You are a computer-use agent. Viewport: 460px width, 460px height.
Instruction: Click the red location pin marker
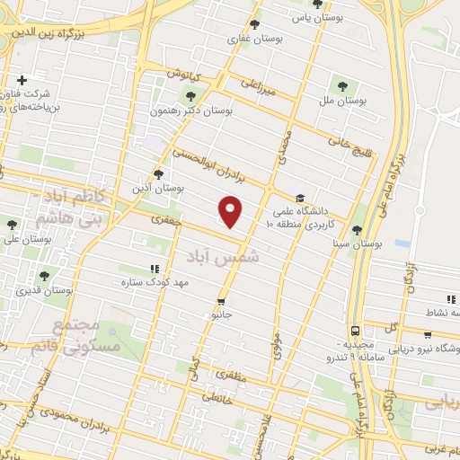[x=231, y=211]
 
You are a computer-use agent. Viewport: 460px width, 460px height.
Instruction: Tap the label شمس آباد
[x=222, y=257]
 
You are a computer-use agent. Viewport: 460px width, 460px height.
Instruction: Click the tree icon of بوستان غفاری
[x=255, y=25]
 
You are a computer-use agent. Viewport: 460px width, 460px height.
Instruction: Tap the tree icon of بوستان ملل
[x=341, y=86]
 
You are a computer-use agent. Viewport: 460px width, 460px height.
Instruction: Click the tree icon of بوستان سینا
[x=357, y=230]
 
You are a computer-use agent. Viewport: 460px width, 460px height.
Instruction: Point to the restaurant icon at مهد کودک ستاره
[x=155, y=269]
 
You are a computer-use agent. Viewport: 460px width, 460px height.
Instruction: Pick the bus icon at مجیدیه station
[x=356, y=331]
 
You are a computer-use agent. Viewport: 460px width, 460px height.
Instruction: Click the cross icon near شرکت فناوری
[x=22, y=81]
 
